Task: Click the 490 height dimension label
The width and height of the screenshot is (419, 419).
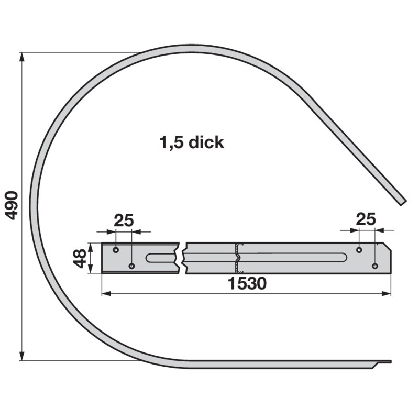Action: click(12, 205)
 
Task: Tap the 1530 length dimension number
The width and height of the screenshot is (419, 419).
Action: click(247, 283)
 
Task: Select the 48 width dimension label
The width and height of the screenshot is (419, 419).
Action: click(80, 258)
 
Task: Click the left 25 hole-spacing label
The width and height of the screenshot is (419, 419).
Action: click(124, 220)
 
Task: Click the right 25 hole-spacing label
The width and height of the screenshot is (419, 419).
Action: click(366, 219)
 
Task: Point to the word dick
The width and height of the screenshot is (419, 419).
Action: click(206, 142)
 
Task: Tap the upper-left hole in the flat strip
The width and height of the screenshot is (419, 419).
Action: click(116, 250)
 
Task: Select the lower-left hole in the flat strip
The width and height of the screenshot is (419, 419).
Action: click(132, 266)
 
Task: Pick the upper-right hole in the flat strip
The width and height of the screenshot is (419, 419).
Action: click(359, 250)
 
